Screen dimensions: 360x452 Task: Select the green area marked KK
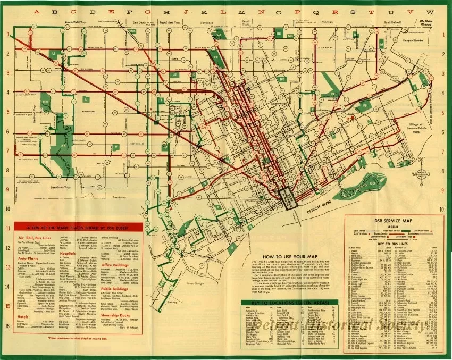(64, 145)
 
